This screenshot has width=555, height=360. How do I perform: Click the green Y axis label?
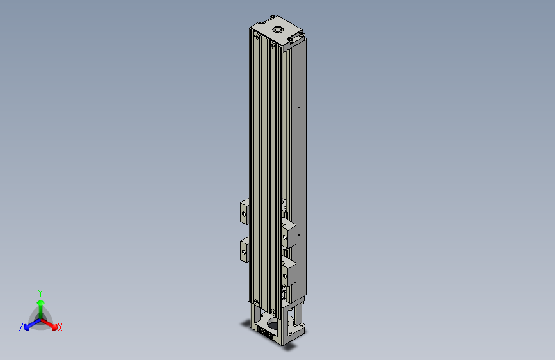click(40, 293)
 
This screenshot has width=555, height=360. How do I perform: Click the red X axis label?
click(60, 327)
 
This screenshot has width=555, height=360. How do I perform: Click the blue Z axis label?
click(21, 327)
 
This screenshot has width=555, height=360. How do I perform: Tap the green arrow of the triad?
click(40, 304)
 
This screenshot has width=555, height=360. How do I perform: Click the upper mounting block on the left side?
click(244, 211)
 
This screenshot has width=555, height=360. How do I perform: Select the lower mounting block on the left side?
click(244, 250)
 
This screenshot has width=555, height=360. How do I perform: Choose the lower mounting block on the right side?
click(289, 272)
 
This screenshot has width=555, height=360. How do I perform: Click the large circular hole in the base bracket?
click(270, 320)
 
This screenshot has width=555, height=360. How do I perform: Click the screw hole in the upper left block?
click(244, 211)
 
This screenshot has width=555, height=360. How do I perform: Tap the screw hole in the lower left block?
click(244, 252)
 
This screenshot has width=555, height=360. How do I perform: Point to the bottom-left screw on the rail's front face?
click(257, 302)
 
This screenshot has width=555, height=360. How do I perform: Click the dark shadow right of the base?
click(291, 348)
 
